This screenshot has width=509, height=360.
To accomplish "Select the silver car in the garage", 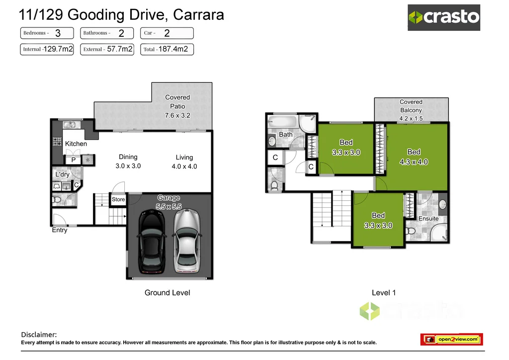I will click(186, 241).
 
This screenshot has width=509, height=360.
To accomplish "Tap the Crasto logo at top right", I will click(444, 17).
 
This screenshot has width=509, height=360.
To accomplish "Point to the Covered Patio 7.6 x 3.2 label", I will click(177, 106).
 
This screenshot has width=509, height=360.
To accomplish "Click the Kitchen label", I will click(76, 144).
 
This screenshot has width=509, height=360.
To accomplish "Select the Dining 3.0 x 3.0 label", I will click(128, 162).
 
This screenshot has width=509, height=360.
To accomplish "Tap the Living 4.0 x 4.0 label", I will click(184, 162).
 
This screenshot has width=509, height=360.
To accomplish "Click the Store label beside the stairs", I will click(118, 199).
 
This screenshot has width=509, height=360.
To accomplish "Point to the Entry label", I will click(60, 230).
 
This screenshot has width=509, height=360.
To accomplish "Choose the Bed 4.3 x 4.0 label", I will click(414, 157).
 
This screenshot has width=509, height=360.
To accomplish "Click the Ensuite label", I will click(428, 218).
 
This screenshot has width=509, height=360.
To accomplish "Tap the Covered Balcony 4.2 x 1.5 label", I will click(411, 110).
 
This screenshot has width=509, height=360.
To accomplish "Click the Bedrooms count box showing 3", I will click(47, 33).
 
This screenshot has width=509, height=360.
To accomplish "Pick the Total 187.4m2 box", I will click(167, 49).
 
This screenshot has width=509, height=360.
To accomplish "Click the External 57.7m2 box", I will click(107, 49).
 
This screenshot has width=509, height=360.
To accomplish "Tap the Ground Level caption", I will click(167, 292).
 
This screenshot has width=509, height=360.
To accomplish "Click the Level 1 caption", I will click(384, 292).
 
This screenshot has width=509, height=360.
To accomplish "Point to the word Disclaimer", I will click(39, 335).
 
